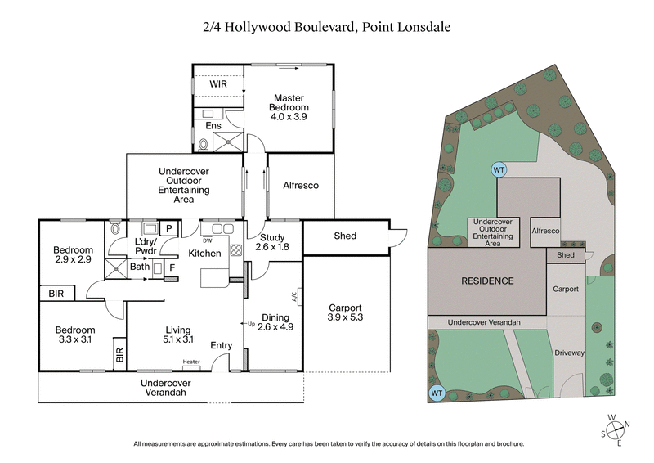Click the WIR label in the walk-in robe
pyautogui.click(x=218, y=84)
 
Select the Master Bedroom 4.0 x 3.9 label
pyautogui.click(x=290, y=107)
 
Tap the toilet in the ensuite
pyautogui.click(x=203, y=145)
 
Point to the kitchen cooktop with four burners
pyautogui.click(x=236, y=250)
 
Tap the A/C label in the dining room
pyautogui.click(x=293, y=298)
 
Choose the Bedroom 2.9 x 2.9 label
pyautogui.click(x=74, y=254)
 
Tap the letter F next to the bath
pyautogui.click(x=172, y=267)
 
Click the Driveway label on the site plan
pyautogui.click(x=569, y=353)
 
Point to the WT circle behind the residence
pyautogui.click(x=498, y=169)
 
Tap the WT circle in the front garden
pyautogui.click(x=437, y=393)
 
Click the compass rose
pyautogui.click(x=618, y=430)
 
